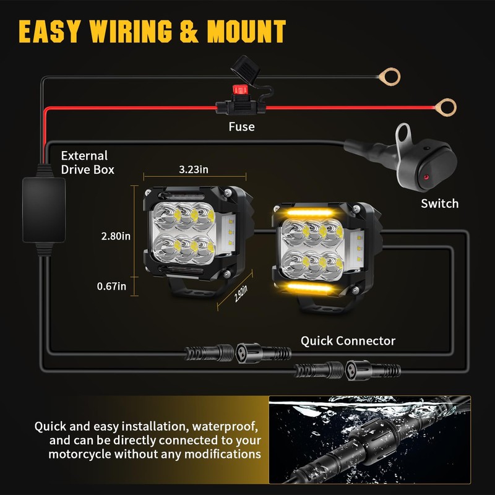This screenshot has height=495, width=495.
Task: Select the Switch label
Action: pos(440,203)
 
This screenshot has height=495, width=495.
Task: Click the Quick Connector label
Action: pos(348,340)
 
